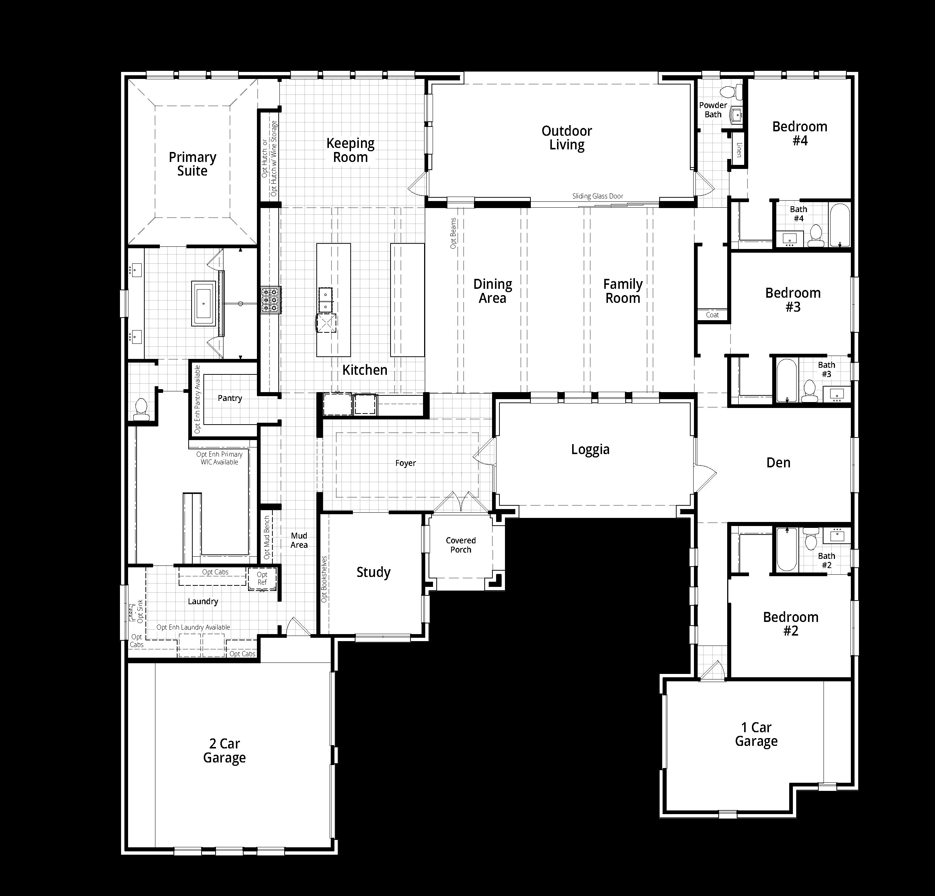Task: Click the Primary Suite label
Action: click(x=192, y=164)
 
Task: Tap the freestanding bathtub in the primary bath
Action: click(x=204, y=304)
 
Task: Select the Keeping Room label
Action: click(x=350, y=150)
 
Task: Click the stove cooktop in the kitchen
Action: click(x=271, y=300)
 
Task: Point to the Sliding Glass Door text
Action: click(x=598, y=196)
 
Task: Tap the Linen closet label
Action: click(x=739, y=150)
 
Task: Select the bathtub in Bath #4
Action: click(x=840, y=225)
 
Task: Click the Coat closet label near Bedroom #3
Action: click(x=712, y=315)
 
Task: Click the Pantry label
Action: click(x=230, y=398)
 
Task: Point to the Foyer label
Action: click(x=405, y=463)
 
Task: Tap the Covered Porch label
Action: click(x=461, y=545)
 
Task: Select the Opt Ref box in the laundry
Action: click(x=262, y=579)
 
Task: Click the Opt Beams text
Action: click(x=453, y=233)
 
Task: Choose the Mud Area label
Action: click(x=299, y=540)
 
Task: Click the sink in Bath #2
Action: click(x=837, y=536)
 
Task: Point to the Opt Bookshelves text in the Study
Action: click(x=324, y=579)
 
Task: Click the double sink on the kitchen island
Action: click(x=326, y=299)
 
